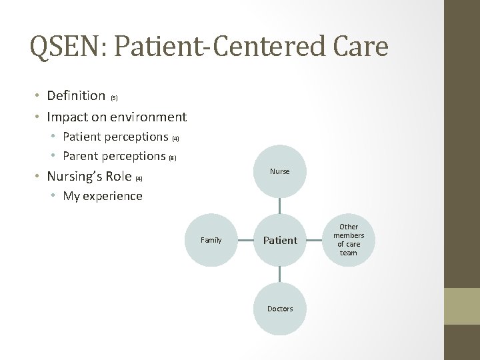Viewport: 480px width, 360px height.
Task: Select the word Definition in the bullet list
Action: pos(76,96)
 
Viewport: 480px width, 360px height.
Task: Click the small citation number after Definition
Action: pos(114,98)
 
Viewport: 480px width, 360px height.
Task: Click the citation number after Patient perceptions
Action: pos(176,139)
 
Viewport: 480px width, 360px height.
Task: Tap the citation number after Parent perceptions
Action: pos(172,158)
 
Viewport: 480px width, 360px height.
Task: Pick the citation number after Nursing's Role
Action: pos(139,179)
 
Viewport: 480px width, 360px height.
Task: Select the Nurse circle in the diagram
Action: pos(280,171)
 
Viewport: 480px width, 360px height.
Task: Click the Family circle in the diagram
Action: pos(211,240)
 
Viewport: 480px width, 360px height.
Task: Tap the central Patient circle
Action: pos(280,240)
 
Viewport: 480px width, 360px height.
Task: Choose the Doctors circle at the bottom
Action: pos(280,309)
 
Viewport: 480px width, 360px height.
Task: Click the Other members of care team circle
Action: pos(349,240)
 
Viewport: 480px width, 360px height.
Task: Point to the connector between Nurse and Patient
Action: pos(280,205)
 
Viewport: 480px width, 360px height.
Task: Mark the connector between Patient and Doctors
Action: pos(280,274)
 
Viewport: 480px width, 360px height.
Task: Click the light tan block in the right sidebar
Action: pos(462,306)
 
